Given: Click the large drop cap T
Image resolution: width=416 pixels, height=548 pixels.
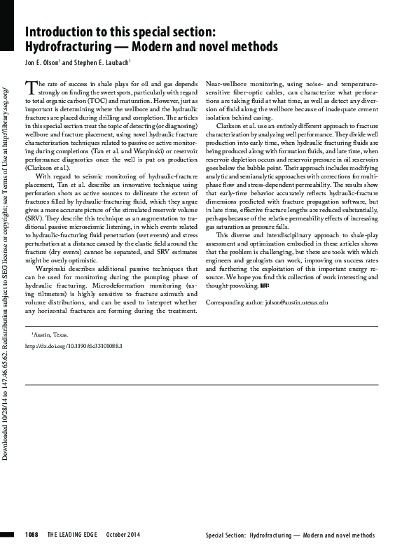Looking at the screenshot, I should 29,87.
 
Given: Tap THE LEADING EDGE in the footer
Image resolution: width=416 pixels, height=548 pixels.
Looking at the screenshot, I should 73,535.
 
